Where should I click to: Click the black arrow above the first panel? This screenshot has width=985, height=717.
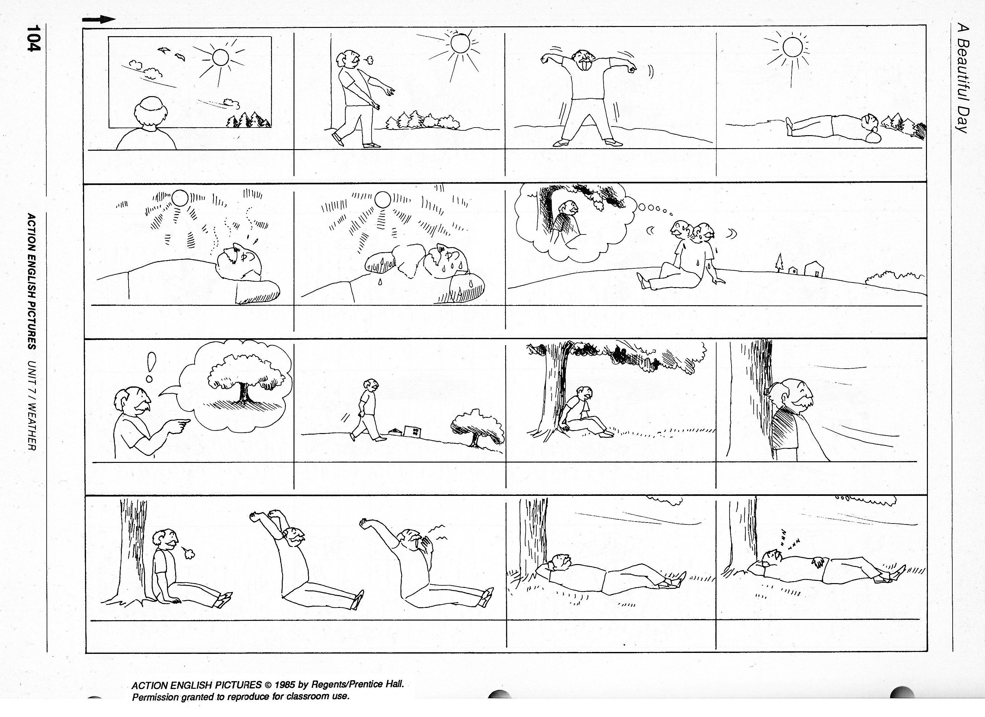pyautogui.click(x=99, y=20)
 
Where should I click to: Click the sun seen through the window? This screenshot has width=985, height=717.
pyautogui.click(x=220, y=56)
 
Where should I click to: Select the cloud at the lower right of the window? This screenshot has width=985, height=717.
pyautogui.click(x=231, y=103)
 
